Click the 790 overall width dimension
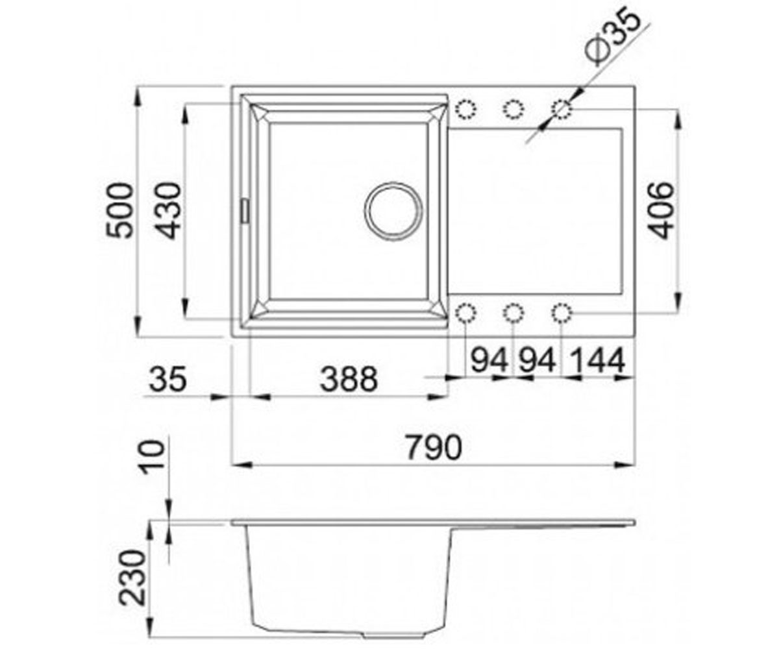[x=434, y=448]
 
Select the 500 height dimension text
[x=119, y=210]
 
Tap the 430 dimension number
[x=167, y=210]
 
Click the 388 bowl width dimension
[x=349, y=379]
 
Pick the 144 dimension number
[x=597, y=360]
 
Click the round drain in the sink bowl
[x=393, y=212]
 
